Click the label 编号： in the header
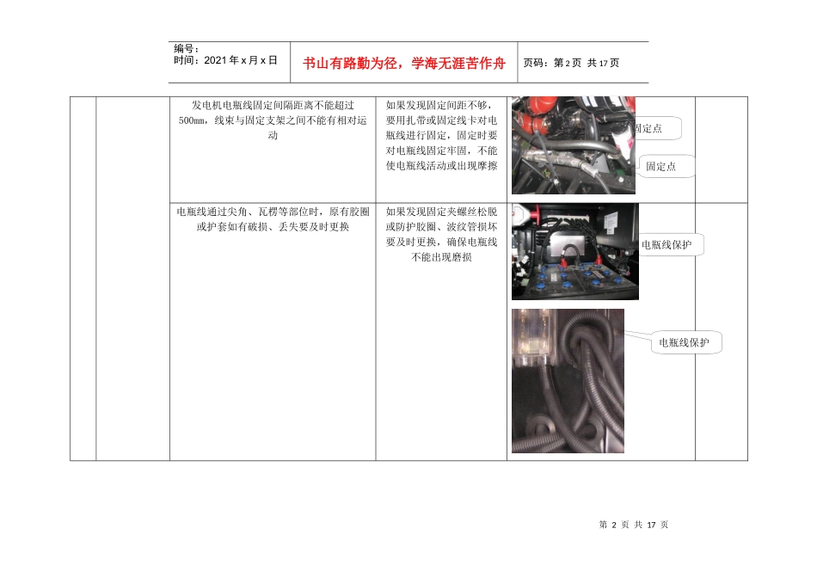187,49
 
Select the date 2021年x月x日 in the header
225,61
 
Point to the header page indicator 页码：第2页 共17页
571,63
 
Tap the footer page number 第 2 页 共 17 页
633,525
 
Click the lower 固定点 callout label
661,167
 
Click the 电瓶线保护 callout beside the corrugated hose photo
684,342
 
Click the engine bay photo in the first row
573,144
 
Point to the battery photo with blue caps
574,251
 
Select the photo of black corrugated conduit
568,380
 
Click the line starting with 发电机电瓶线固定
272,105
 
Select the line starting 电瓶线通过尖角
272,212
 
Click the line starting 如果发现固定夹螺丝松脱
442,212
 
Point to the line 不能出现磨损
442,258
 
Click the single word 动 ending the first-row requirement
272,136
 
